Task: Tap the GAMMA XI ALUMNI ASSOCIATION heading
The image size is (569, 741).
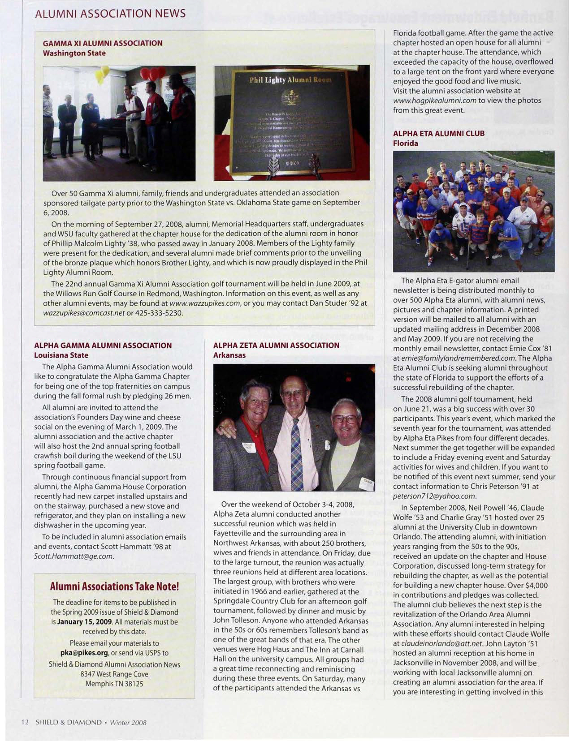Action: pyautogui.click(x=103, y=43)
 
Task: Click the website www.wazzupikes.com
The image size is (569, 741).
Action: pyautogui.click(x=205, y=303)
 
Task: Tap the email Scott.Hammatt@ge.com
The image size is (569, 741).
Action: pyautogui.click(x=73, y=556)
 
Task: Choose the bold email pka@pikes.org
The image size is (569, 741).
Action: pyautogui.click(x=85, y=653)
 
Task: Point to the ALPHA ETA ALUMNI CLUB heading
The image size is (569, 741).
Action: pyautogui.click(x=439, y=134)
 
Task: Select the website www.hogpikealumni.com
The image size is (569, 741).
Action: pyautogui.click(x=435, y=101)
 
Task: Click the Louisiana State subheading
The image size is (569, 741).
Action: pyautogui.click(x=61, y=355)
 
